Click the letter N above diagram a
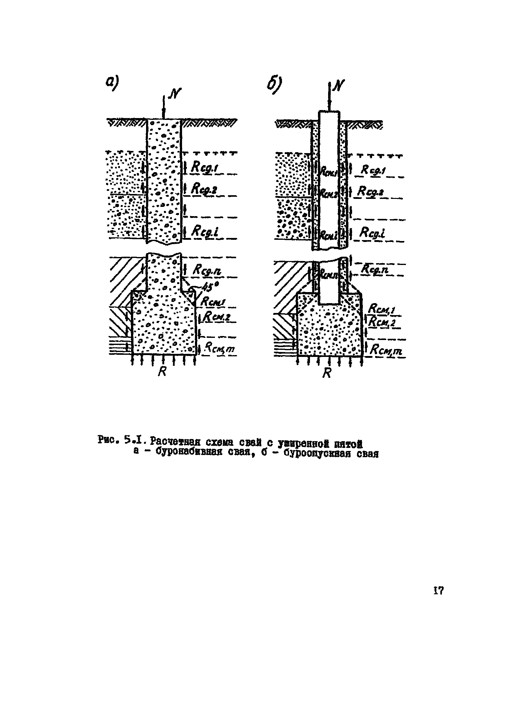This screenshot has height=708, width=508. coord(175,93)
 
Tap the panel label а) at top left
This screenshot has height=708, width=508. coord(113,83)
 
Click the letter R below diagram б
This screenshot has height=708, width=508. coord(327,373)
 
